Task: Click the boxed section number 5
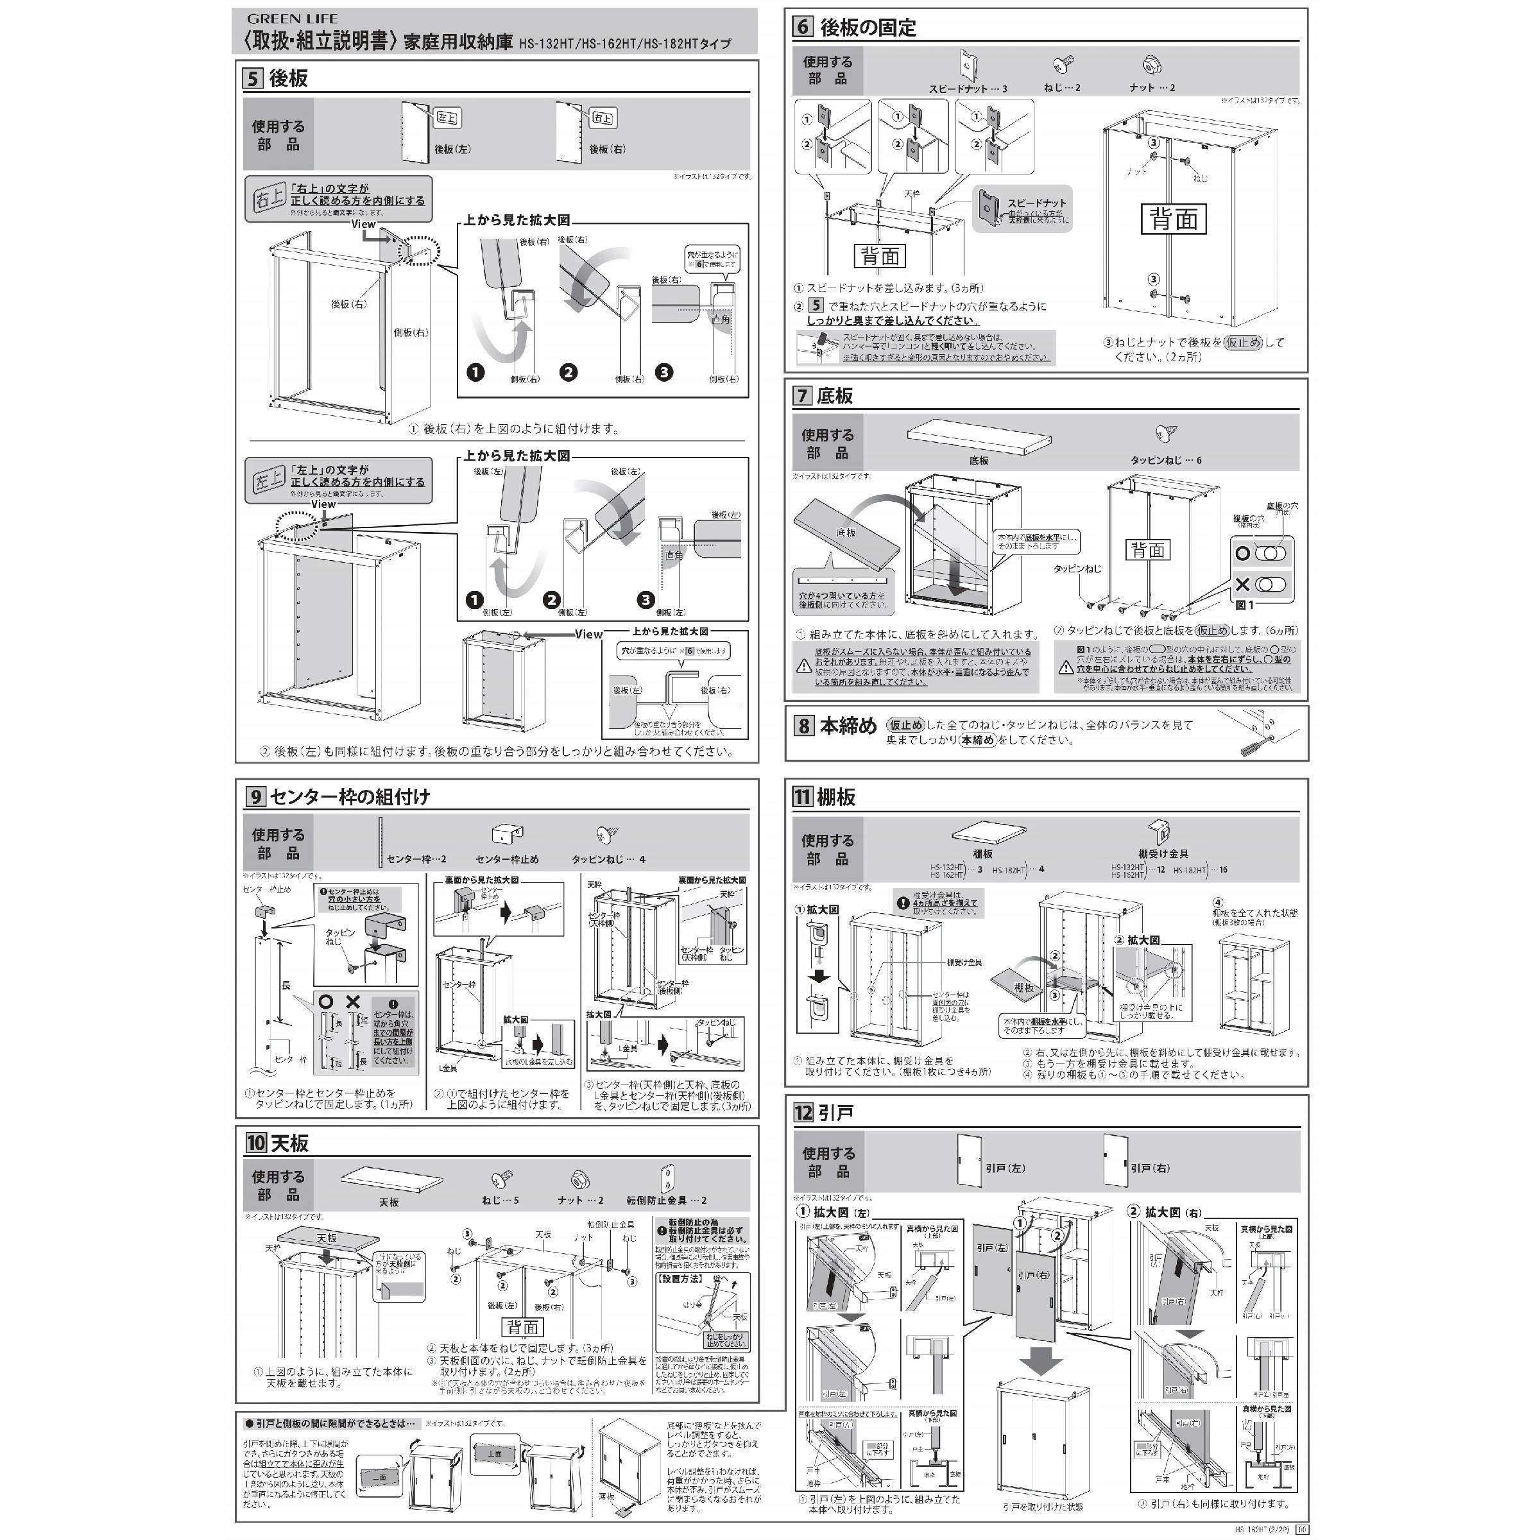click(x=253, y=78)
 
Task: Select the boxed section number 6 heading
click(x=802, y=27)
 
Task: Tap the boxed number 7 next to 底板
click(x=802, y=396)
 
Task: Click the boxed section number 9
click(x=255, y=796)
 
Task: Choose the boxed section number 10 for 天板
click(x=255, y=1142)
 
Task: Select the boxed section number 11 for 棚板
click(x=802, y=797)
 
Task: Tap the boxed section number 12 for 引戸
click(x=803, y=1112)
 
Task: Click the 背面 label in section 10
click(x=523, y=1326)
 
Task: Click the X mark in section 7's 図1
click(x=1242, y=585)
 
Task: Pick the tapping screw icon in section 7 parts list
click(x=1165, y=434)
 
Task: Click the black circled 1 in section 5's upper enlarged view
click(x=476, y=372)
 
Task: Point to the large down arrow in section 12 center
click(x=1040, y=1362)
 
